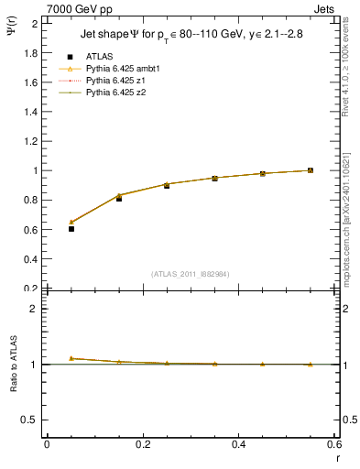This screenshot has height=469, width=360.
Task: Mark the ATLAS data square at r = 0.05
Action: coord(71,229)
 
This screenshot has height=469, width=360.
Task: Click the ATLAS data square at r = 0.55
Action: coord(311,170)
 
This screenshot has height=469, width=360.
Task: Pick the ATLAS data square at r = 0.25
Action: coord(167,186)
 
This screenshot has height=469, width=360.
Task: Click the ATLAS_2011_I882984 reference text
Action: coord(191,273)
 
